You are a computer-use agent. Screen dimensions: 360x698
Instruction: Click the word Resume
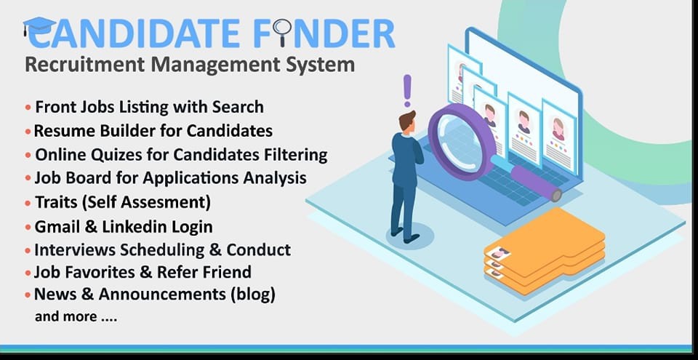coord(58,131)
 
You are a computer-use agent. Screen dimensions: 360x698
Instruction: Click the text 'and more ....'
coord(76,317)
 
